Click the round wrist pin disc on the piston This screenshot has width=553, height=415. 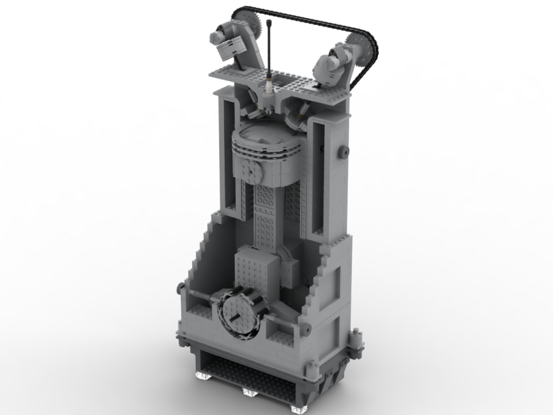pyautogui.click(x=248, y=168)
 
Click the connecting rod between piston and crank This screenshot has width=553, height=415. pyautogui.click(x=268, y=214)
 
